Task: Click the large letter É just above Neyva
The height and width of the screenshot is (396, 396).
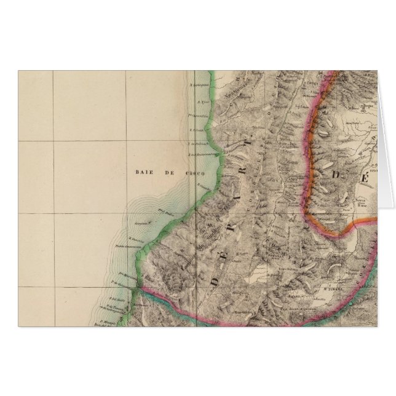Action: [363, 179]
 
